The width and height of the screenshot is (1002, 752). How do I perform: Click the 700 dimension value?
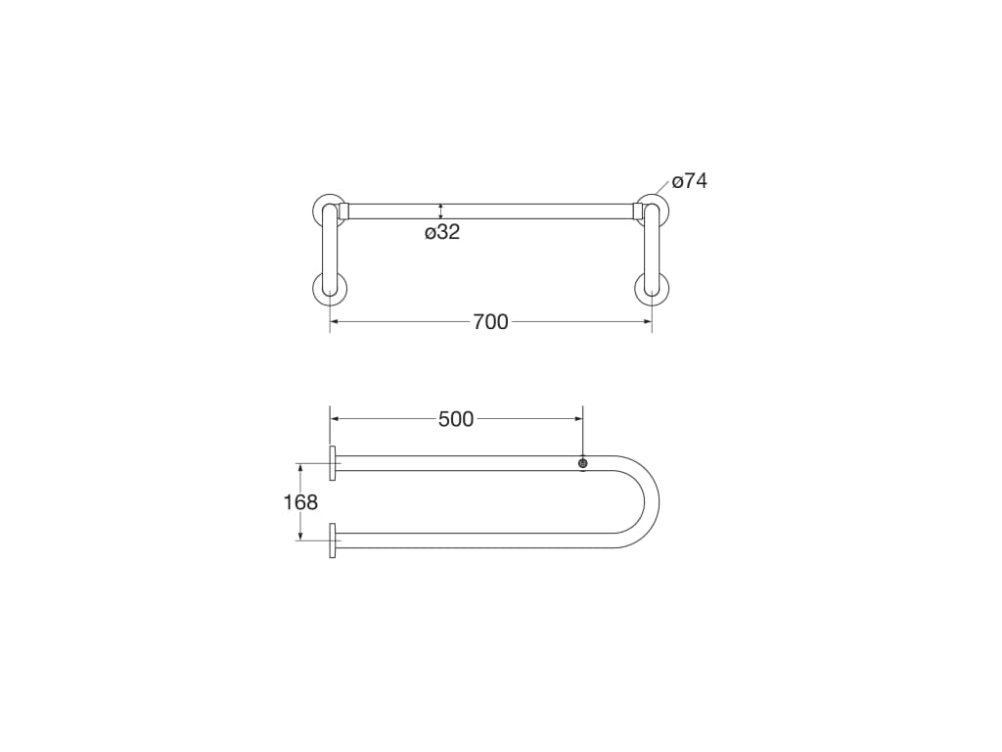(x=490, y=321)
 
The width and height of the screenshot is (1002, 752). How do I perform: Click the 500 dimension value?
(x=456, y=419)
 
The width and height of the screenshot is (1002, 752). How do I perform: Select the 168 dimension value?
(x=300, y=502)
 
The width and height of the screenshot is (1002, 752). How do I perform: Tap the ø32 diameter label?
(x=442, y=232)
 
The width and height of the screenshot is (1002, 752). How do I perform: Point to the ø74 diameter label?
(x=690, y=181)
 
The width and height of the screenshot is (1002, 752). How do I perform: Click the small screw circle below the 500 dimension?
(x=583, y=463)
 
